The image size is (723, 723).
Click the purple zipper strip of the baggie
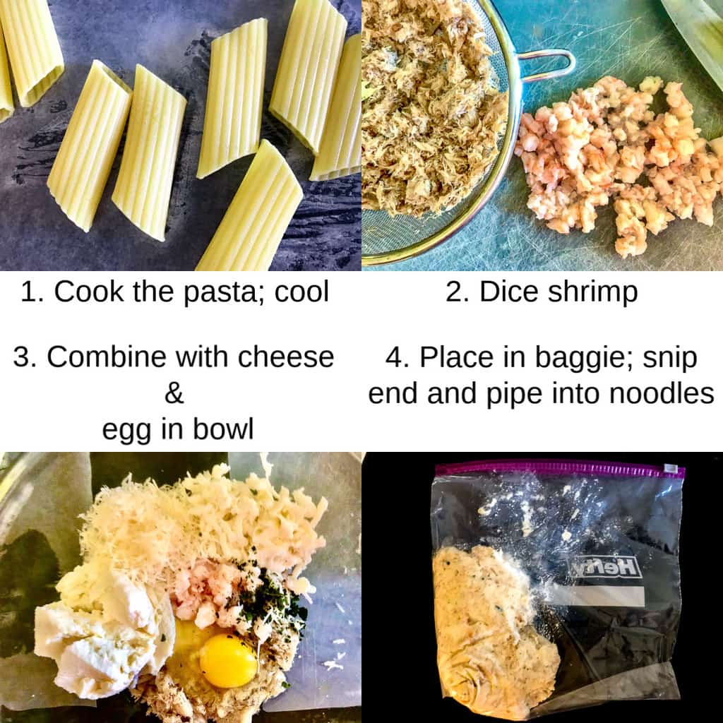click(558, 469)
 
